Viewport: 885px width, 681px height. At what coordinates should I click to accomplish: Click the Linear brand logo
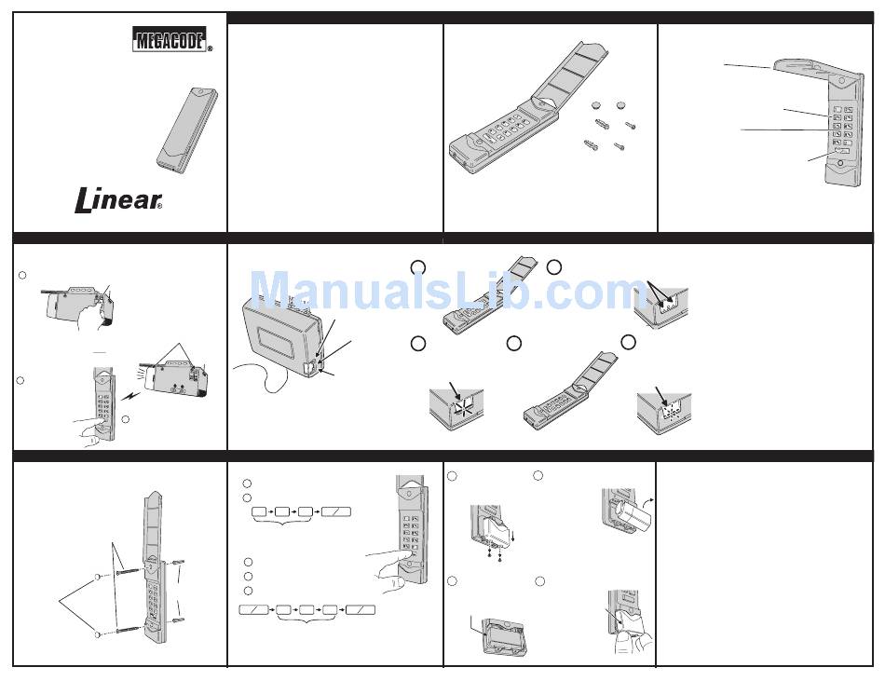pyautogui.click(x=118, y=201)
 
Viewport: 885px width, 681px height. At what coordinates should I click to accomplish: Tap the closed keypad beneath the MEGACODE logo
pyautogui.click(x=187, y=128)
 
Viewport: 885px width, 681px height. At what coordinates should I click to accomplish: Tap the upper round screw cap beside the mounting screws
pyautogui.click(x=97, y=577)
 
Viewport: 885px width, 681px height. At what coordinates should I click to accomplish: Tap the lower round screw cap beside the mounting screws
pyautogui.click(x=97, y=634)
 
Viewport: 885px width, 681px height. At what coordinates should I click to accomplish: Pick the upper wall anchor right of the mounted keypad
pyautogui.click(x=177, y=563)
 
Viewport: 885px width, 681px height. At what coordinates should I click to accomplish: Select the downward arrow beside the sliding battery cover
pyautogui.click(x=512, y=534)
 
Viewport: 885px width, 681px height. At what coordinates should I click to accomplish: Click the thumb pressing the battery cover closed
pyautogui.click(x=623, y=639)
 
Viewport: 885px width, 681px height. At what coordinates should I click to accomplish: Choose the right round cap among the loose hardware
pyautogui.click(x=620, y=104)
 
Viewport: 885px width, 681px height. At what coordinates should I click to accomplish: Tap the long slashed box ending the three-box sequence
pyautogui.click(x=335, y=511)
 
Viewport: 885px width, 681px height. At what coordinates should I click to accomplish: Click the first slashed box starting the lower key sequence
pyautogui.click(x=253, y=610)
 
